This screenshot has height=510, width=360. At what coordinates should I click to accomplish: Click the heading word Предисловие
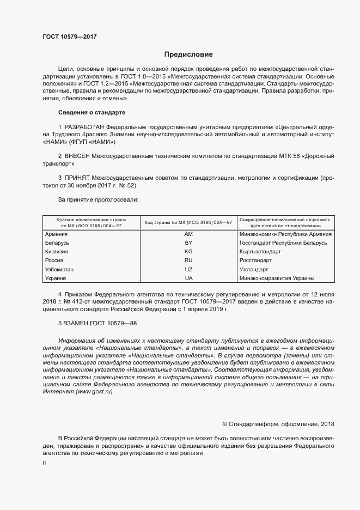188,54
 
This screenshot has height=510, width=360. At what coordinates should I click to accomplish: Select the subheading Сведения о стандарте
91,112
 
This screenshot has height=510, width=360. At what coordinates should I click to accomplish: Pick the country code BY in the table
188,242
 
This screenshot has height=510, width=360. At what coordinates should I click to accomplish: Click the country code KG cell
188,252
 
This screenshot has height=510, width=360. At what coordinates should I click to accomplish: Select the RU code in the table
188,260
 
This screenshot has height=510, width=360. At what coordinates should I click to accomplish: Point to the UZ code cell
188,269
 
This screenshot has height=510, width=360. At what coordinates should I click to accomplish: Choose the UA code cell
188,278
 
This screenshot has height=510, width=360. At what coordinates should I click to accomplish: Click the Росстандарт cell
255,260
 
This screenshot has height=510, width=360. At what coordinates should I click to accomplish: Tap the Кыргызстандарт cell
260,252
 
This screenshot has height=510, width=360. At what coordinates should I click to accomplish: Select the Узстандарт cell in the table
254,269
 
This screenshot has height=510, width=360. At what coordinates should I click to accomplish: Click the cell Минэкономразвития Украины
277,278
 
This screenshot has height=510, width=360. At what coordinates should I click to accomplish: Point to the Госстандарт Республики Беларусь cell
283,242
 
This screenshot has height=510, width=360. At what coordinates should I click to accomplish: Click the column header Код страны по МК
188,222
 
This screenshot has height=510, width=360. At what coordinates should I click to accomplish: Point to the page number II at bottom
45,463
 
